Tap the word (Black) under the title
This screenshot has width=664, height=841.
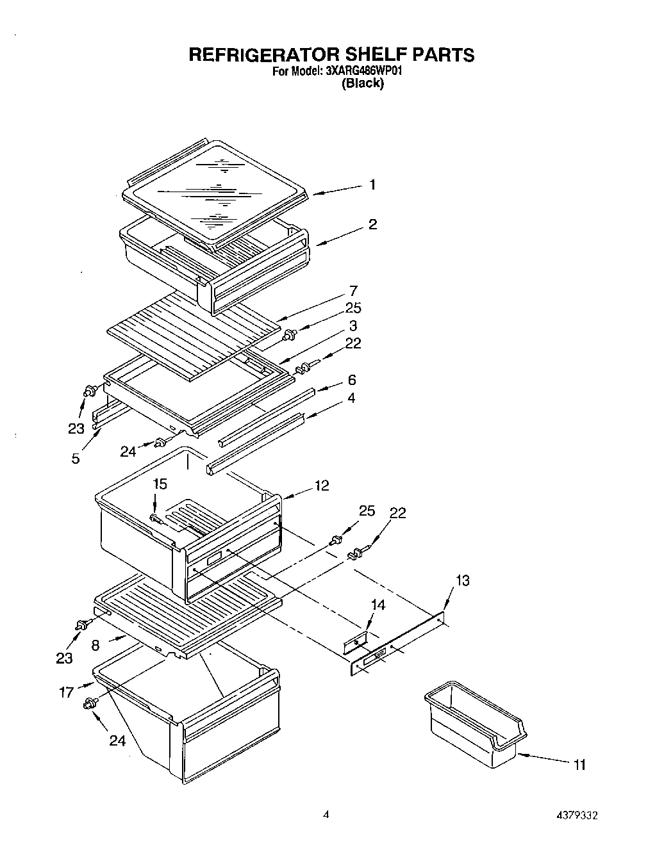tap(363, 83)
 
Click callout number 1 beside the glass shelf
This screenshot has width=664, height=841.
tap(372, 185)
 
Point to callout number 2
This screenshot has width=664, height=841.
tap(372, 224)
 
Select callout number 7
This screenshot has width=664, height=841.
tap(353, 290)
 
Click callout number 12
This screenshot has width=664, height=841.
tap(322, 486)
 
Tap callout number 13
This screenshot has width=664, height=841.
tap(462, 580)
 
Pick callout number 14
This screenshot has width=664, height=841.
tap(379, 605)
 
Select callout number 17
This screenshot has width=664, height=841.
tap(67, 692)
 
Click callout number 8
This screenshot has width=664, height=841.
tap(95, 646)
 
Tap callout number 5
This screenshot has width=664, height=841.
tap(76, 458)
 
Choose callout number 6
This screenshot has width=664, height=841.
tap(352, 380)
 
